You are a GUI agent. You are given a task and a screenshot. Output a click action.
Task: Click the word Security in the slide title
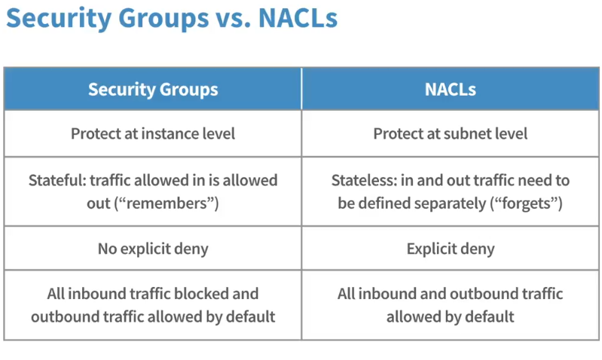(59, 18)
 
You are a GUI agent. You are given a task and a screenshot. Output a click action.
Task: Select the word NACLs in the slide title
(298, 18)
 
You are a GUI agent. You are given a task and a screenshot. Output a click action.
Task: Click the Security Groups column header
(153, 89)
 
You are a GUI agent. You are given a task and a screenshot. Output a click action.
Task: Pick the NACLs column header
(450, 90)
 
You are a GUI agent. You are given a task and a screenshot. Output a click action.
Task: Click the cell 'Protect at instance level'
(153, 133)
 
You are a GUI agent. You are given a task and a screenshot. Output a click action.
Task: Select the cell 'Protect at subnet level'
(450, 133)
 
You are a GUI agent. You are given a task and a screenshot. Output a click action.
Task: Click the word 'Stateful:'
(57, 180)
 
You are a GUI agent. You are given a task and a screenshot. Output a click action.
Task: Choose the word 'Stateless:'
(365, 180)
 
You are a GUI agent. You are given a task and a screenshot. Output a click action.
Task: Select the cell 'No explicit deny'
(153, 249)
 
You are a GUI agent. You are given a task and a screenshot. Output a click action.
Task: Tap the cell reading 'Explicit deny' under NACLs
(451, 249)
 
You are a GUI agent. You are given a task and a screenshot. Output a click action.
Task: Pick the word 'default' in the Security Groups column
(250, 316)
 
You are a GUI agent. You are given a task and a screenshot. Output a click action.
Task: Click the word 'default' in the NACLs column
(490, 316)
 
